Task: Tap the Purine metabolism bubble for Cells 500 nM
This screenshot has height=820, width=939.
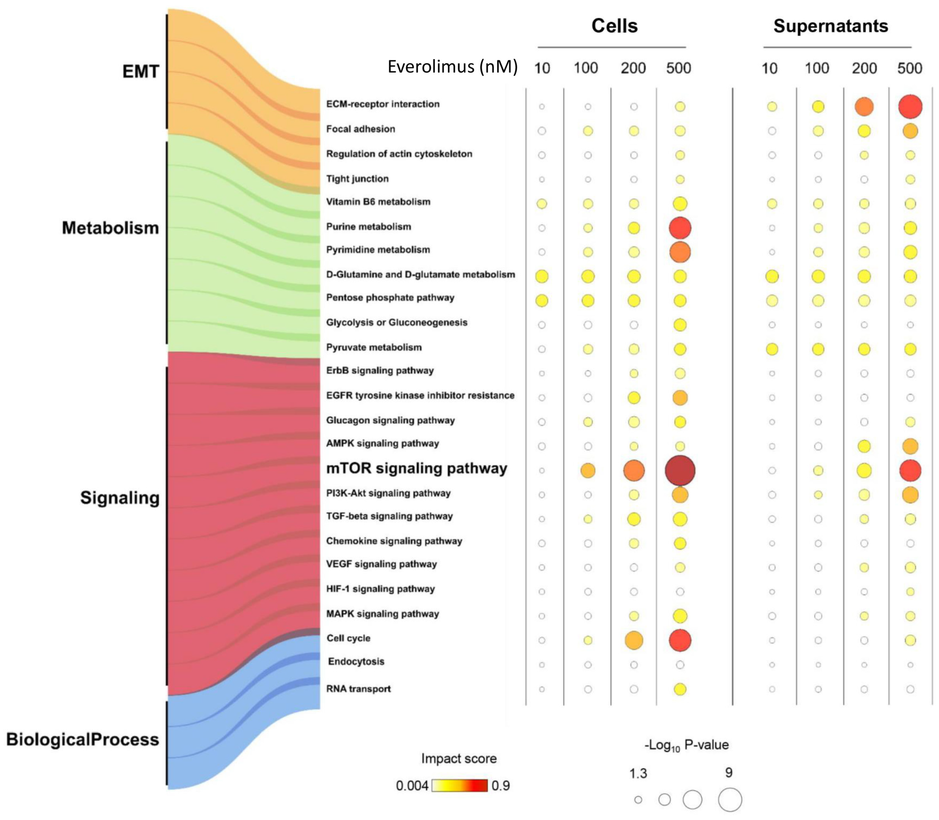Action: (680, 228)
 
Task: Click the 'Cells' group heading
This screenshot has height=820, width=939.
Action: (614, 26)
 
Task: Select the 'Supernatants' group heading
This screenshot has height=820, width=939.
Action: (831, 26)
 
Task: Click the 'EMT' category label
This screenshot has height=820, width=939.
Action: (140, 71)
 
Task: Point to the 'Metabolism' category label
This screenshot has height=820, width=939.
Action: (110, 228)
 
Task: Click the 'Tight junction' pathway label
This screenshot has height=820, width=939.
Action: (357, 179)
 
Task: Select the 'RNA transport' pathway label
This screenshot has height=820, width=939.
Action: (359, 689)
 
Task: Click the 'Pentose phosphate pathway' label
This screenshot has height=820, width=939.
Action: (390, 298)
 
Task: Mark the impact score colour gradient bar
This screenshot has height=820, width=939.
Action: (460, 786)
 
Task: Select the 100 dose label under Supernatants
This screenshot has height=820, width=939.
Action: (817, 68)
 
